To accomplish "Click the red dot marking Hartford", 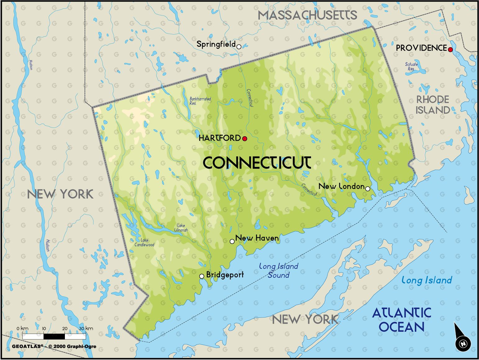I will pyautogui.click(x=245, y=139).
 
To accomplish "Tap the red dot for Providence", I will pyautogui.click(x=450, y=49).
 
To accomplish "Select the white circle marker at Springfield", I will pyautogui.click(x=239, y=47).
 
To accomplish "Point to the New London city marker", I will pyautogui.click(x=368, y=189).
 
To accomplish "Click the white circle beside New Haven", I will pyautogui.click(x=232, y=241).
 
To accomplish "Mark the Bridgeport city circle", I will pyautogui.click(x=201, y=276).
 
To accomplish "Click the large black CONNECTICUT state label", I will pyautogui.click(x=257, y=163).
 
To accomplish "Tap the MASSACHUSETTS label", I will pyautogui.click(x=307, y=15).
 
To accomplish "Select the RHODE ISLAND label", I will pyautogui.click(x=433, y=105).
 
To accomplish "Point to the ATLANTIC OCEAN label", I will pyautogui.click(x=402, y=320).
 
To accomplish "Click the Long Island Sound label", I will pyautogui.click(x=278, y=271).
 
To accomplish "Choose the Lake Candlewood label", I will pyautogui.click(x=144, y=242).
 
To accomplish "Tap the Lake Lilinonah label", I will pyautogui.click(x=181, y=228).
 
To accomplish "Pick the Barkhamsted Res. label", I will pyautogui.click(x=200, y=101).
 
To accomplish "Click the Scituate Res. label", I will pyautogui.click(x=411, y=66).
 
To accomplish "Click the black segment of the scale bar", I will pyautogui.click(x=54, y=336).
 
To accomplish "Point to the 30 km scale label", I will pyautogui.click(x=86, y=329).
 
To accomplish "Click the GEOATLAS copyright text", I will pyautogui.click(x=54, y=346).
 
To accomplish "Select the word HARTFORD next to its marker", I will pyautogui.click(x=219, y=138).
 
